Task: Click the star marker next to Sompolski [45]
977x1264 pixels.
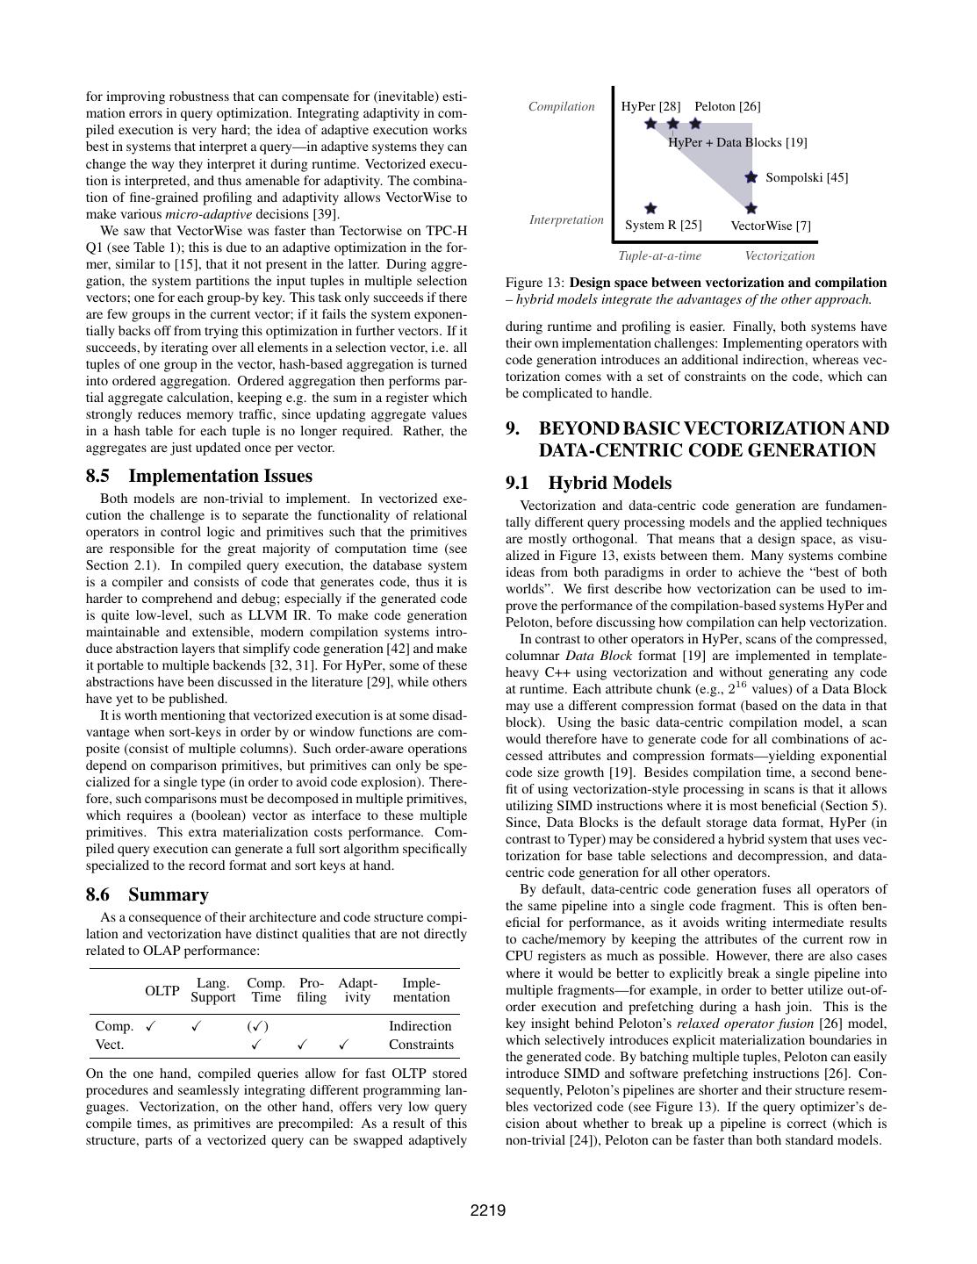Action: click(x=751, y=177)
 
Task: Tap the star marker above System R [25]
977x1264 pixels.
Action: click(x=650, y=209)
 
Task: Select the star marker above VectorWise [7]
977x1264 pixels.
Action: click(x=751, y=209)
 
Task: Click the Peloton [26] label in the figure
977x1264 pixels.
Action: click(x=727, y=106)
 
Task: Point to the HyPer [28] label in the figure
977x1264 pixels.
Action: click(x=650, y=106)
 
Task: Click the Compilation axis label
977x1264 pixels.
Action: click(x=562, y=106)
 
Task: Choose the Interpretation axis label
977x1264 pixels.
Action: click(x=566, y=219)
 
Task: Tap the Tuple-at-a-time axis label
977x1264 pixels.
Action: click(x=659, y=255)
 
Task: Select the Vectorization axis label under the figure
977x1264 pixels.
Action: click(x=779, y=255)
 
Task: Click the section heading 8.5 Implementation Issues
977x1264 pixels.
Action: click(x=198, y=476)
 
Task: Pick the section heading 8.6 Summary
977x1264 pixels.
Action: click(x=147, y=894)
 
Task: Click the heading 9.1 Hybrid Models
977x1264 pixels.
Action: click(x=588, y=483)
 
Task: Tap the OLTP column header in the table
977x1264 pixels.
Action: click(x=162, y=990)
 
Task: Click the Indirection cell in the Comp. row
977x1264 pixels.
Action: click(x=420, y=1025)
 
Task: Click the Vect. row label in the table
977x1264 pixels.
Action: click(x=109, y=1045)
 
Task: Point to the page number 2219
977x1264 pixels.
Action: click(x=488, y=1211)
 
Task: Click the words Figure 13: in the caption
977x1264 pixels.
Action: click(x=535, y=283)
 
